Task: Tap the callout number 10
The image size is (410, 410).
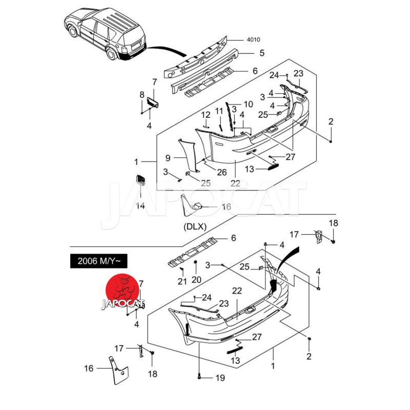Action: point(248,105)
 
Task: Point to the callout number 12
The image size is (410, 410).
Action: point(206,115)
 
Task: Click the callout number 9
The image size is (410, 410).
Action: point(168,157)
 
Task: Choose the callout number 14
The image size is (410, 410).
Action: point(140,206)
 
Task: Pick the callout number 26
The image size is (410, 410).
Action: point(221,172)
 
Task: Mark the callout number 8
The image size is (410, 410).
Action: point(142,95)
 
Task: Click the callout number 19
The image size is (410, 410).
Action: point(220,378)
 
